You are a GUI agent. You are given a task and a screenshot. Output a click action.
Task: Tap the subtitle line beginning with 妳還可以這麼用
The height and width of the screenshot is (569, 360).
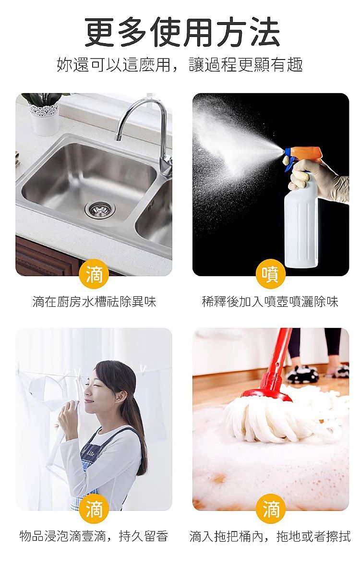click(x=180, y=64)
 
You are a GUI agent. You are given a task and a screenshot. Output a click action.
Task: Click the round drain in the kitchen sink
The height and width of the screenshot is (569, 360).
click(x=100, y=209)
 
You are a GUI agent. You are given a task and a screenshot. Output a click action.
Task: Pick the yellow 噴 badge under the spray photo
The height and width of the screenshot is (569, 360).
click(x=271, y=274)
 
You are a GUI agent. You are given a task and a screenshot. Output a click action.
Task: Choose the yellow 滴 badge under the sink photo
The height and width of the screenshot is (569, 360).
click(x=94, y=274)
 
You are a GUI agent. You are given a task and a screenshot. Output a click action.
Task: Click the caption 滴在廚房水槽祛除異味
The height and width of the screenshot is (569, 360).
click(x=94, y=302)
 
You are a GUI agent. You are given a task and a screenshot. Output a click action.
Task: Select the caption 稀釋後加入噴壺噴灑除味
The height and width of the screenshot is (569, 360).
click(x=270, y=302)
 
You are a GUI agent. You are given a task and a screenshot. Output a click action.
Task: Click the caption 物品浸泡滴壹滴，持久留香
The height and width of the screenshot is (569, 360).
click(x=94, y=536)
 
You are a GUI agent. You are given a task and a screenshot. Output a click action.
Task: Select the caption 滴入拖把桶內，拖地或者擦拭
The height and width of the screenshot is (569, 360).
click(x=270, y=536)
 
